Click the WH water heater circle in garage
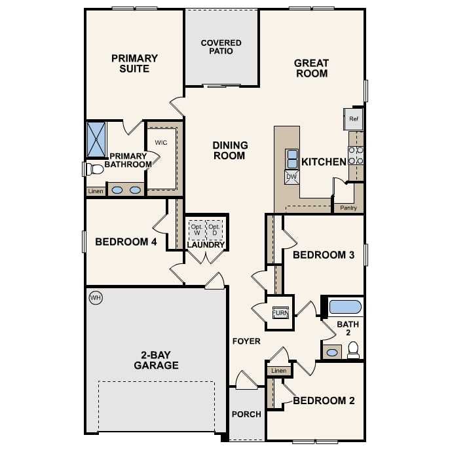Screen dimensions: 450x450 [x=96, y=298]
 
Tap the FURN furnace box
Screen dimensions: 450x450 [x=280, y=312]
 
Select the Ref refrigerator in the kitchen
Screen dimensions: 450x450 [x=354, y=119]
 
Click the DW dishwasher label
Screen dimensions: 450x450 [x=291, y=176]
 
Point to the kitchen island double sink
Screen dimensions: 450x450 [x=291, y=159]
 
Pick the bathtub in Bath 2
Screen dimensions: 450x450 [x=345, y=307]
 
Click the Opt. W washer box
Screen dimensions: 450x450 [x=197, y=230]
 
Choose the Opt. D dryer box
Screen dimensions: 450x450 [x=215, y=230]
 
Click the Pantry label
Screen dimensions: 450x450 [x=348, y=208]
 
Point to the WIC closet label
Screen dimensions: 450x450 [x=161, y=142]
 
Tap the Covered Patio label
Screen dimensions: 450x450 [x=221, y=47]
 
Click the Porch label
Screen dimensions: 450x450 [x=246, y=414]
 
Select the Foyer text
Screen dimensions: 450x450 [x=246, y=341]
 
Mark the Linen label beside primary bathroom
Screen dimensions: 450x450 [x=95, y=191]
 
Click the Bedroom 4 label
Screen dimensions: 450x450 [x=126, y=242]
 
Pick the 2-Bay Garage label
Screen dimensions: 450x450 [x=156, y=360]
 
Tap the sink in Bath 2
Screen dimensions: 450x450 [x=332, y=352]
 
